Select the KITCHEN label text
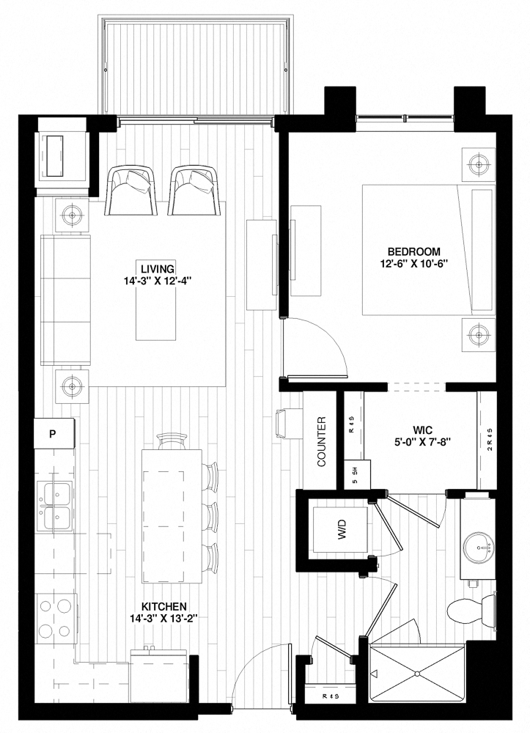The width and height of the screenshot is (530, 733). coord(163,606)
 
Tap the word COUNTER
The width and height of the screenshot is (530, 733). coord(322,442)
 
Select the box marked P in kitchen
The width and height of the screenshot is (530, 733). coord(53,432)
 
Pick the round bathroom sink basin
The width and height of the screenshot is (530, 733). coord(480,545)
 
